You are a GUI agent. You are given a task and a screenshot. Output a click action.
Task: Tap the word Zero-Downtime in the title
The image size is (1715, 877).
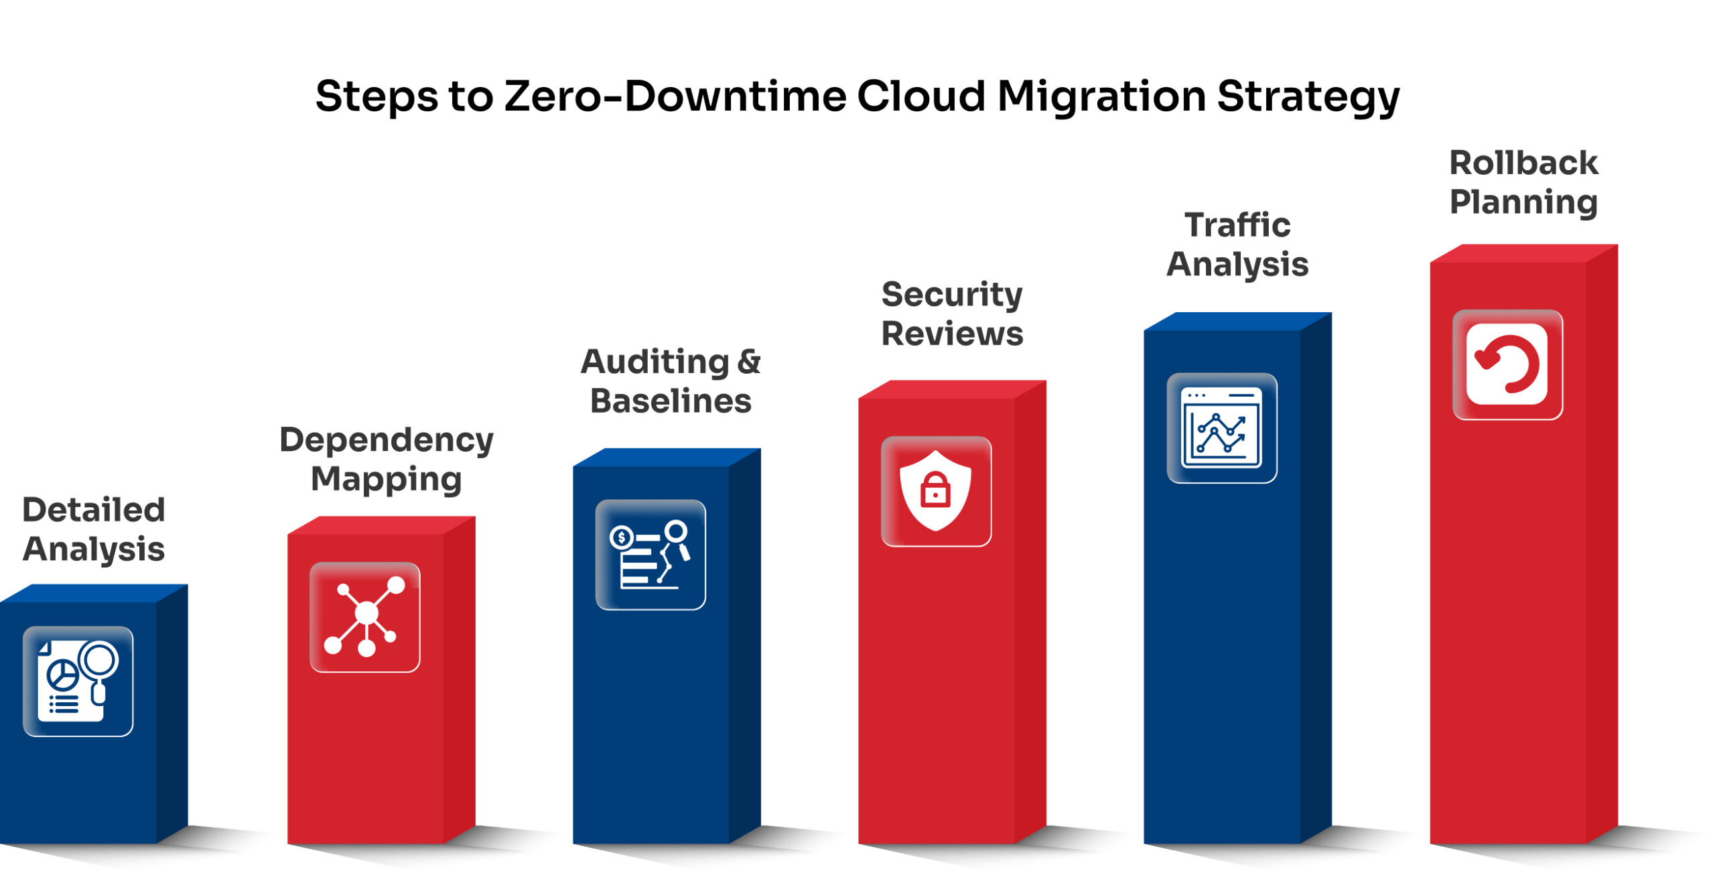point(675,96)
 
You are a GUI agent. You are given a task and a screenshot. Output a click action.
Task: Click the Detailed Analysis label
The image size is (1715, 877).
point(94,530)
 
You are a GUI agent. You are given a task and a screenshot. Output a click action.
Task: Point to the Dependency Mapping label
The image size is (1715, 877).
point(387,460)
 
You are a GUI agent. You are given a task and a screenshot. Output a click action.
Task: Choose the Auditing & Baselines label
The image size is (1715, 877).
point(671,381)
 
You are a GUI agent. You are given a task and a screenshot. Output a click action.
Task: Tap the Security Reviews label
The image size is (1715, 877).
point(952,314)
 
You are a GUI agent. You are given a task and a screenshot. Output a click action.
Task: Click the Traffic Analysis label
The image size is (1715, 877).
point(1237,245)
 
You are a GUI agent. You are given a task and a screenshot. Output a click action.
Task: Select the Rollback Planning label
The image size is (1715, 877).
point(1524,183)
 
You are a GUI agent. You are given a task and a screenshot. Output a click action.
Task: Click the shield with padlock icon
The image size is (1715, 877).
point(936,491)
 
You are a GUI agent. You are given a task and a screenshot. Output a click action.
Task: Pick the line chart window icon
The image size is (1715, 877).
point(1221,427)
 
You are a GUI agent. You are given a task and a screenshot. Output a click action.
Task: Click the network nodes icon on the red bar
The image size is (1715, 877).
point(365,616)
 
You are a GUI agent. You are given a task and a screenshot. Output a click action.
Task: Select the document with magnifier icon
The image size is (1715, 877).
point(78,681)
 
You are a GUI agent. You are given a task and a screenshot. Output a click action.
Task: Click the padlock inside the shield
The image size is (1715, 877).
point(936,490)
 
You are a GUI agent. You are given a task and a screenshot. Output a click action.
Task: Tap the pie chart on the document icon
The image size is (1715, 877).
point(62,674)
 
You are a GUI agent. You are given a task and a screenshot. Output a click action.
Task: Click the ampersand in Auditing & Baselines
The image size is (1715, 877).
point(749,362)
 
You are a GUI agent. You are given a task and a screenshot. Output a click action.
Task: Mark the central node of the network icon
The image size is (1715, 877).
point(366,612)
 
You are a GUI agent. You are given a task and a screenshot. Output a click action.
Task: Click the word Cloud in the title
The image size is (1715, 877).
point(922,96)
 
